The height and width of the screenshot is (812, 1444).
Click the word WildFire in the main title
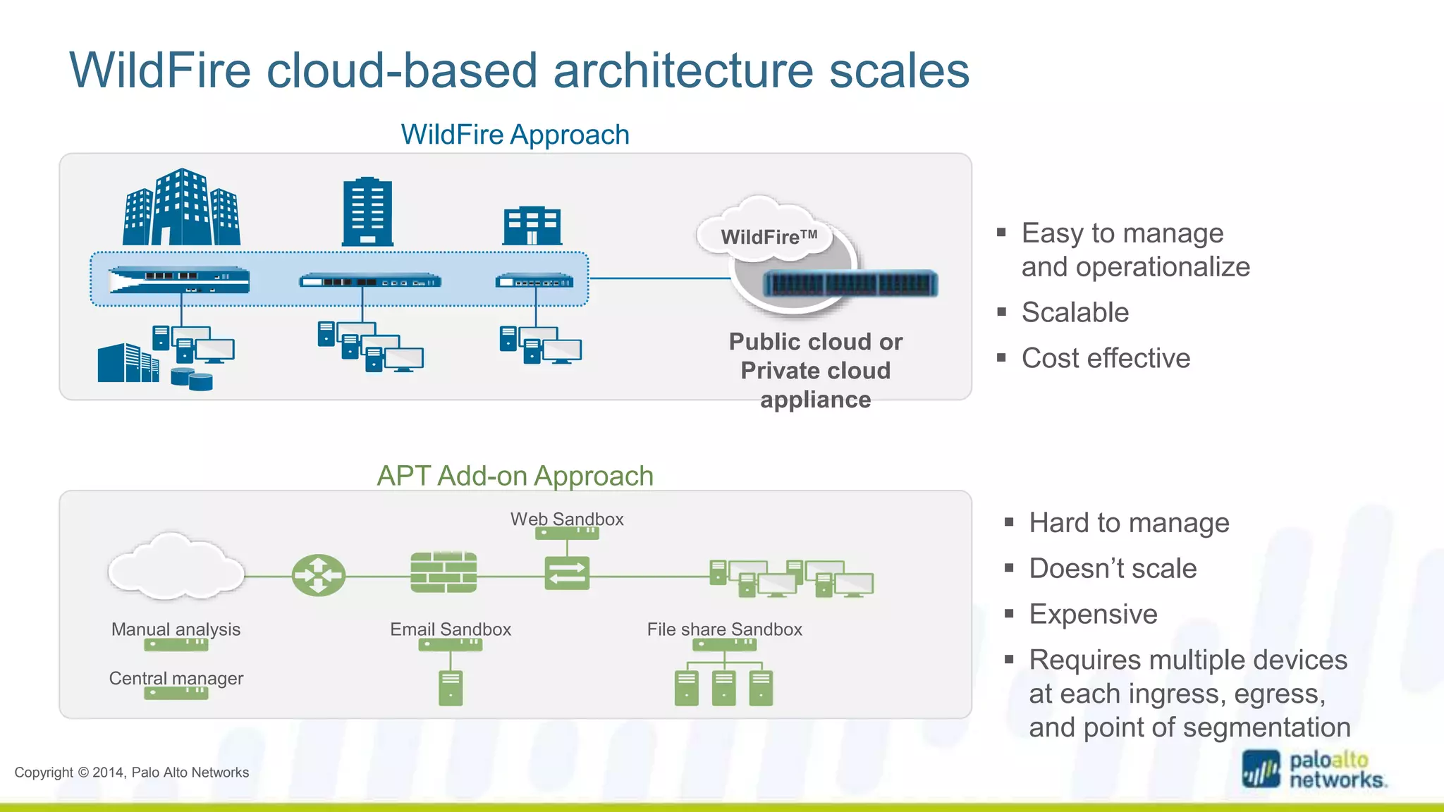[160, 70]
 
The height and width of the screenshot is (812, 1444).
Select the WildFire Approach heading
[515, 135]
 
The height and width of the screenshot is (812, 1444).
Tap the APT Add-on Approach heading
[515, 476]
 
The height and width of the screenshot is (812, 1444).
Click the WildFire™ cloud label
[769, 237]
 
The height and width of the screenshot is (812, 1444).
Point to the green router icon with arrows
[319, 575]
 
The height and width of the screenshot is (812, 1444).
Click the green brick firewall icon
[443, 572]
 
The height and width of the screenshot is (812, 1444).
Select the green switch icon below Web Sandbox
[567, 573]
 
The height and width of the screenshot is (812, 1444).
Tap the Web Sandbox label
[567, 519]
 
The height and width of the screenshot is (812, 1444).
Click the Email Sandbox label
[451, 629]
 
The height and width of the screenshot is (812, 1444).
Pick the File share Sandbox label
[724, 629]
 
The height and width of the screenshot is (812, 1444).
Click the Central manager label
[176, 678]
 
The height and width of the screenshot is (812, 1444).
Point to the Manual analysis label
[176, 629]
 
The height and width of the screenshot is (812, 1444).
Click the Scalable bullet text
[1075, 312]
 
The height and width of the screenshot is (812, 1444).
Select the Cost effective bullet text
[1106, 358]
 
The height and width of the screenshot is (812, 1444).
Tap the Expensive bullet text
[1093, 614]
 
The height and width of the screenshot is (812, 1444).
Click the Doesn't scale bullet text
[1113, 568]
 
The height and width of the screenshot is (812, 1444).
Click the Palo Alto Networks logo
[1314, 770]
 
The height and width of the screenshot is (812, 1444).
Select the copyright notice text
[132, 772]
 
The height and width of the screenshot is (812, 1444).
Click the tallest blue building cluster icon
[181, 208]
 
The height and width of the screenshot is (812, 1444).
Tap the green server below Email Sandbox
[451, 688]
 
